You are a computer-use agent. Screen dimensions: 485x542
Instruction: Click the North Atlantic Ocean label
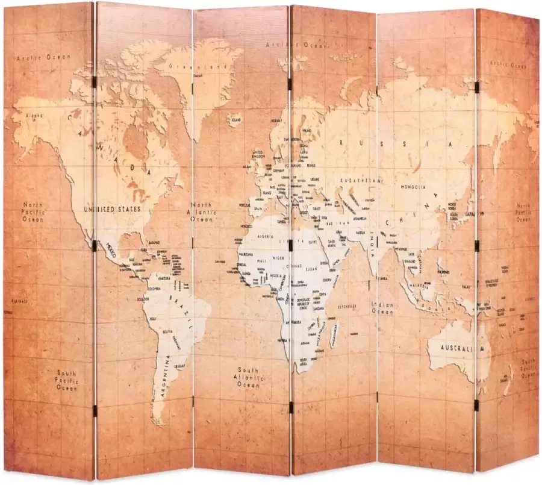[203, 213]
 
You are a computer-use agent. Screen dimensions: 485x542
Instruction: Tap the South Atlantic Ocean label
[248, 377]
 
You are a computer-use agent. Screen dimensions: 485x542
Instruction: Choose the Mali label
[261, 260]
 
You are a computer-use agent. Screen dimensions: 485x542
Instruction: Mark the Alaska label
[34, 116]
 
